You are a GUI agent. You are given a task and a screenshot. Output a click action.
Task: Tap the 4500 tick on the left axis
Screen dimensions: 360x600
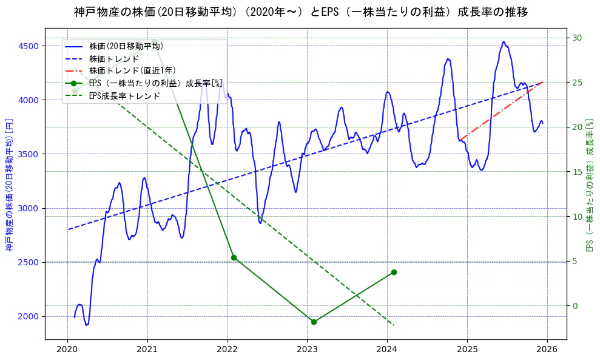(x=29, y=46)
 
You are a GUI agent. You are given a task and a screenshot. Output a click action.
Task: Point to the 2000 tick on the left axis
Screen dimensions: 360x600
(x=29, y=316)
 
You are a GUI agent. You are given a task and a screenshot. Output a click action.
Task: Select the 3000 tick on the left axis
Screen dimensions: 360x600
(x=29, y=208)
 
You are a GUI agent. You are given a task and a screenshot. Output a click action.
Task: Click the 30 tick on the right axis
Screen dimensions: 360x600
(x=578, y=38)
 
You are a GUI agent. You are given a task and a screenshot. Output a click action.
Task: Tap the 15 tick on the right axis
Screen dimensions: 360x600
(x=578, y=172)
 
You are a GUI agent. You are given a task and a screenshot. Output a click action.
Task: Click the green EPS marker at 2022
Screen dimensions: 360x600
(x=234, y=257)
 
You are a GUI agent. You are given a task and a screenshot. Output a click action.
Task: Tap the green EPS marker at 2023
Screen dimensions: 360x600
(x=314, y=322)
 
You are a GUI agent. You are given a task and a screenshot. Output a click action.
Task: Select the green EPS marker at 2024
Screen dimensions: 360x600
(x=394, y=272)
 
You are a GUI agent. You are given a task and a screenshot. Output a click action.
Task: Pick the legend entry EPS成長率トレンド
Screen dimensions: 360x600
(x=124, y=95)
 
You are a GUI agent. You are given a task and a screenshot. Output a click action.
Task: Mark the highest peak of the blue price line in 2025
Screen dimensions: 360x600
(x=504, y=42)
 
